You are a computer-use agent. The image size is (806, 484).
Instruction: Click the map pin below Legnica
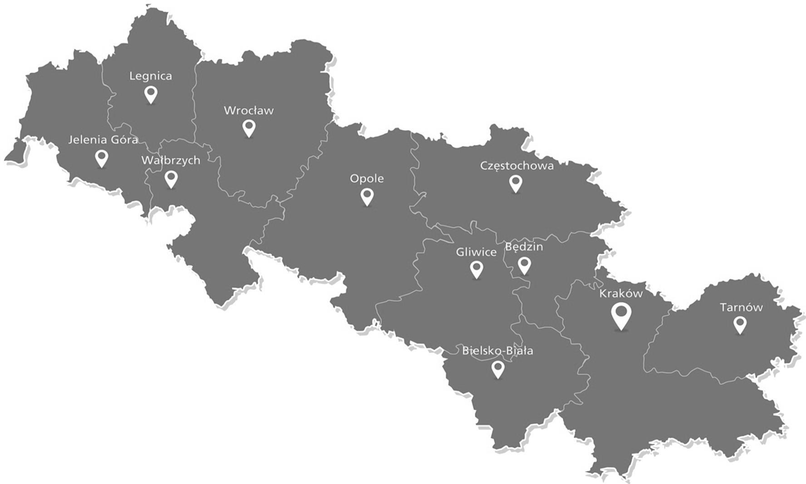pyautogui.click(x=151, y=94)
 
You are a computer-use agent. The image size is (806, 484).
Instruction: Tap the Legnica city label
pyautogui.click(x=151, y=76)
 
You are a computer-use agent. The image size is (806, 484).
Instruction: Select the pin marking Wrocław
pyautogui.click(x=249, y=127)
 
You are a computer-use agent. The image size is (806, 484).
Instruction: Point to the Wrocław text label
pyautogui.click(x=249, y=110)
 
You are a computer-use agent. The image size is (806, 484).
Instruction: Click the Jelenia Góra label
pyautogui.click(x=103, y=140)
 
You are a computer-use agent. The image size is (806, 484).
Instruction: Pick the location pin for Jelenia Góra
pyautogui.click(x=101, y=157)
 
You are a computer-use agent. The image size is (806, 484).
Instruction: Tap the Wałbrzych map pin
pyautogui.click(x=171, y=179)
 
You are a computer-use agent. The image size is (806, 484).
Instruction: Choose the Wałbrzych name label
pyautogui.click(x=171, y=161)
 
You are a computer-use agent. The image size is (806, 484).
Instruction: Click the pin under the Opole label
pyautogui.click(x=367, y=196)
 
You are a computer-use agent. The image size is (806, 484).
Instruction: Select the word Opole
pyautogui.click(x=367, y=179)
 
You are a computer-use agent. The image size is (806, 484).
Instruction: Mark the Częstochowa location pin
pyautogui.click(x=516, y=183)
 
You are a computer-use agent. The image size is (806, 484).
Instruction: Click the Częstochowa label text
pyautogui.click(x=517, y=166)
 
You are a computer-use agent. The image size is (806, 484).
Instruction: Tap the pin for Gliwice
pyautogui.click(x=476, y=269)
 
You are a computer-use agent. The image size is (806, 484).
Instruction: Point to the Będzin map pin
pyautogui.click(x=524, y=265)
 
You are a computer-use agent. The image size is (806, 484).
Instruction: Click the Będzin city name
pyautogui.click(x=524, y=247)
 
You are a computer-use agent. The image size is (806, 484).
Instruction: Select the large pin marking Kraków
pyautogui.click(x=621, y=315)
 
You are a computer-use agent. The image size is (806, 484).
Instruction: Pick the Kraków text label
pyautogui.click(x=621, y=293)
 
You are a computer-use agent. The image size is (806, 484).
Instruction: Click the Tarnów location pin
pyautogui.click(x=739, y=325)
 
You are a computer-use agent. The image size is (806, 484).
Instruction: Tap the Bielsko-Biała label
pyautogui.click(x=498, y=351)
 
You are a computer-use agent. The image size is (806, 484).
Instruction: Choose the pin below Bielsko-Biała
pyautogui.click(x=498, y=369)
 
